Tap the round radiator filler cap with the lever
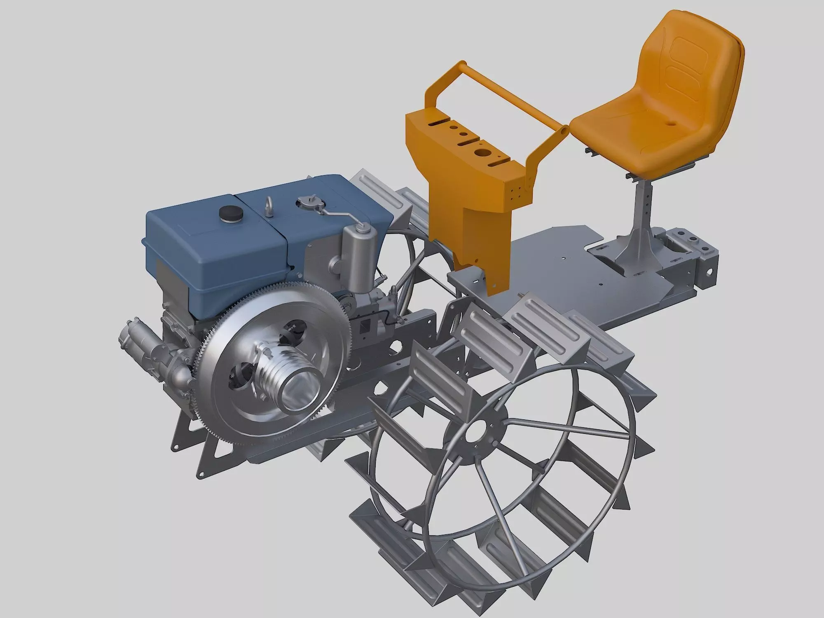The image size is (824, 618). tap(307, 202)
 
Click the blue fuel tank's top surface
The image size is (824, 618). tap(198, 222)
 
